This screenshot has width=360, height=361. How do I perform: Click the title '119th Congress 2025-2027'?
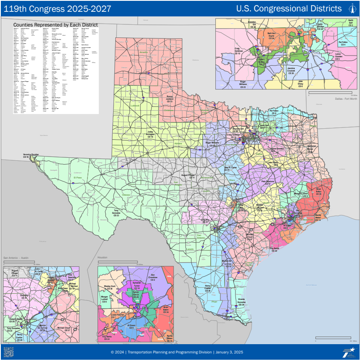coord(58,8)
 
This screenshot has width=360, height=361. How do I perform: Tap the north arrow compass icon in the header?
coord(352,8)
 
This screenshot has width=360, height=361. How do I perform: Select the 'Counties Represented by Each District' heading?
coord(56,25)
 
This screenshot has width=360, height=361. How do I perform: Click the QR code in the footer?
coord(8,352)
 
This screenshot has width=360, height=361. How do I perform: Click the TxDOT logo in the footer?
coord(348,352)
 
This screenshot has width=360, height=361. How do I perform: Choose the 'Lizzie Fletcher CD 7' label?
coord(117,315)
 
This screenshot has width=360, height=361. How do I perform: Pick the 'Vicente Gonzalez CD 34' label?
coord(241,302)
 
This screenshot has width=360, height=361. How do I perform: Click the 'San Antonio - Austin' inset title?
coord(16,257)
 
